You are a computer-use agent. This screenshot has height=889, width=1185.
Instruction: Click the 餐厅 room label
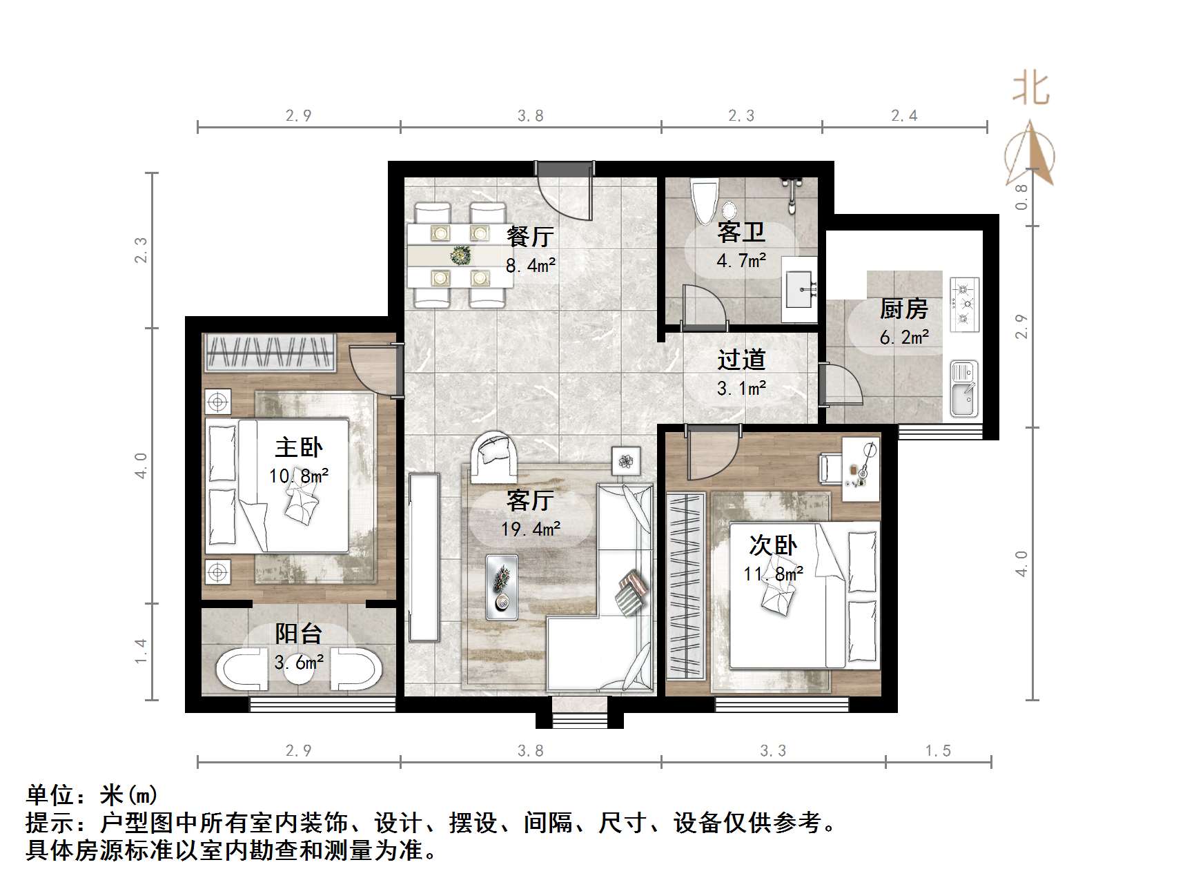tap(529, 237)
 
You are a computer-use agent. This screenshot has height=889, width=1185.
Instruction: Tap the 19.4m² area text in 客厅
tap(530, 529)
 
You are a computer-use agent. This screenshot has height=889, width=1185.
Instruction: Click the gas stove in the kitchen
tap(965, 302)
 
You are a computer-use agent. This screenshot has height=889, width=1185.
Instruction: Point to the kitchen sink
tap(963, 389)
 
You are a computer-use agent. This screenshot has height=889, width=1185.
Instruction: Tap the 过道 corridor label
tap(741, 360)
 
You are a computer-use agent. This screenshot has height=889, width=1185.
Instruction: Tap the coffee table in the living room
tap(501, 586)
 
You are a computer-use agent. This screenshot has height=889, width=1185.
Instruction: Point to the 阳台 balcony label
tap(299, 634)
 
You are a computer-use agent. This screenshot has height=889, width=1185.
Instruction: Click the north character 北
tap(1031, 90)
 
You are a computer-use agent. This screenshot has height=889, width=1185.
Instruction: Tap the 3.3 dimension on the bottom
tap(772, 751)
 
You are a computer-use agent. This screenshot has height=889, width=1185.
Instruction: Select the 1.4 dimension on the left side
tap(141, 651)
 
